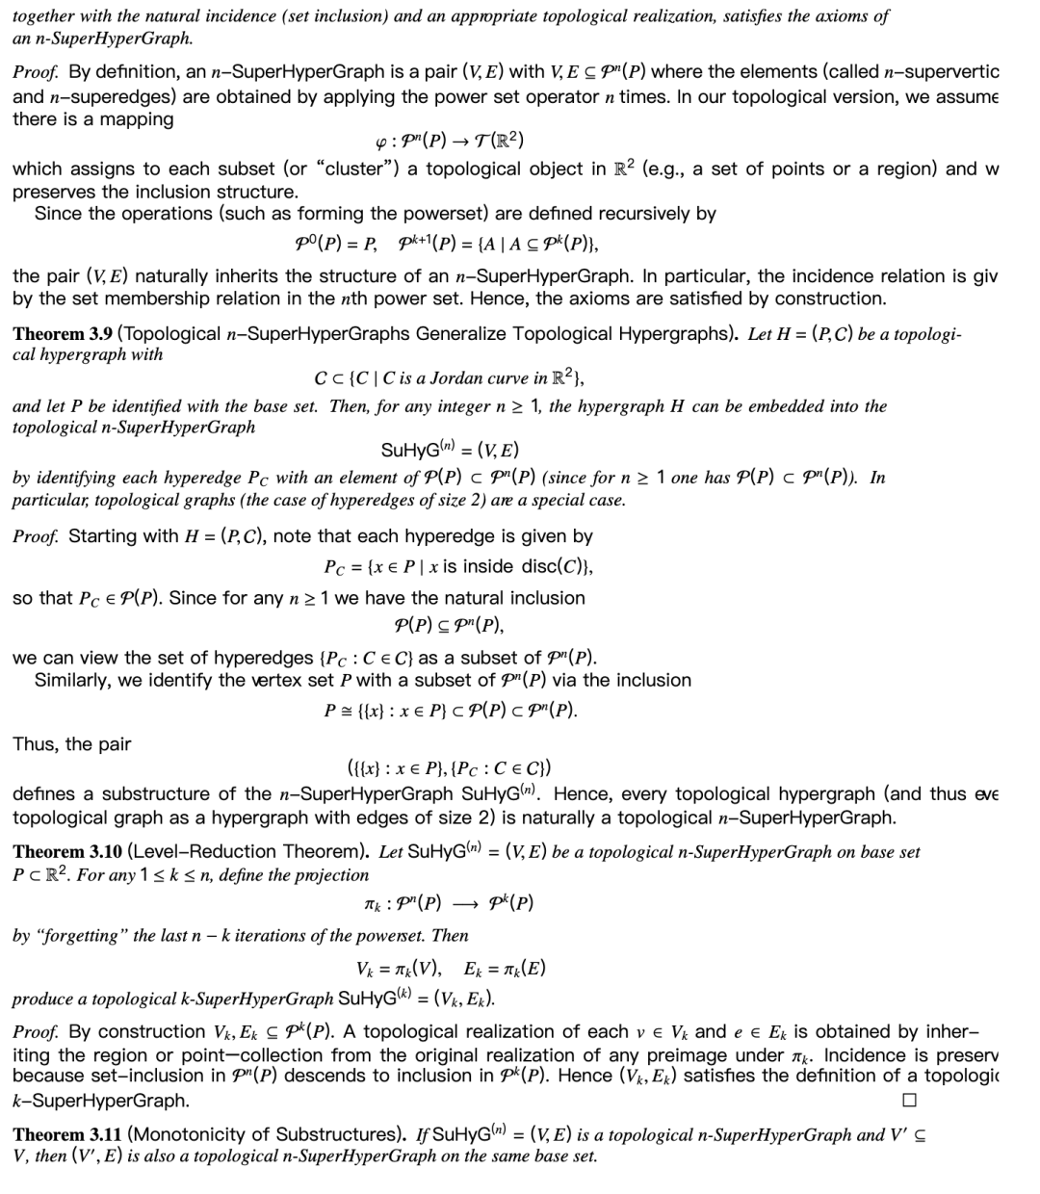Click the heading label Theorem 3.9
click(62, 334)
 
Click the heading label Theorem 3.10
click(65, 852)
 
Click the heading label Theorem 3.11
click(65, 1134)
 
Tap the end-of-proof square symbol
click(909, 1100)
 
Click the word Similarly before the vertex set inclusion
click(75, 681)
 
